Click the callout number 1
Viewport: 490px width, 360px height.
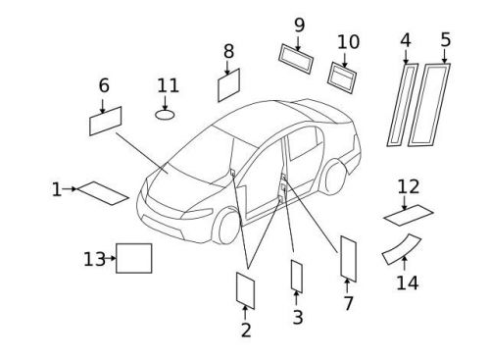coord(56,188)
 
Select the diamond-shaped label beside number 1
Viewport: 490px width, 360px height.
coord(103,192)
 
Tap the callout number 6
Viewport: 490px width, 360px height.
coord(103,85)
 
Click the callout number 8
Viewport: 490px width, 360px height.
coord(228,50)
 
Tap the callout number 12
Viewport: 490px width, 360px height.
coord(408,185)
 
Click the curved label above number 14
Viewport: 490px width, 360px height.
coord(400,249)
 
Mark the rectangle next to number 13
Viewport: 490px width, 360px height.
coord(134,257)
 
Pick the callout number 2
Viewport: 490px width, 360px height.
coord(246,330)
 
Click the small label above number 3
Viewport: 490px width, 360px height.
coord(296,276)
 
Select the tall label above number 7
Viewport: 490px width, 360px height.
coord(347,257)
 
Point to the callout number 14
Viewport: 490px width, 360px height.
coord(406,283)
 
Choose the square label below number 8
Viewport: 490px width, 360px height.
coord(228,85)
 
